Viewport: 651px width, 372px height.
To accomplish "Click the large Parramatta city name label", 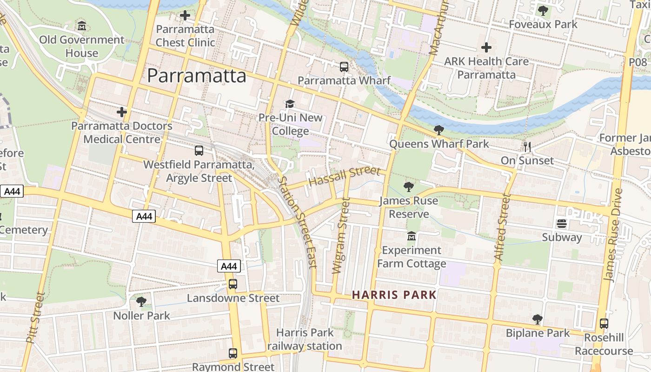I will [196, 76].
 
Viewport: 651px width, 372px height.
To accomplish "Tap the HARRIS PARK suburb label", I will [394, 295].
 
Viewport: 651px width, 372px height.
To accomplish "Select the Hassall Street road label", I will [345, 177].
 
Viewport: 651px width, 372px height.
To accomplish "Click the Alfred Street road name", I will [503, 226].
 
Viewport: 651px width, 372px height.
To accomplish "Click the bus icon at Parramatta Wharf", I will [344, 67].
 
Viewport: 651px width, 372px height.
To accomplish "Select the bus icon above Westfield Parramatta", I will [199, 151].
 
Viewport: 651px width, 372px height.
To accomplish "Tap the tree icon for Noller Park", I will [141, 302].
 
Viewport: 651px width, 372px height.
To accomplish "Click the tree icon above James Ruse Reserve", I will [409, 187].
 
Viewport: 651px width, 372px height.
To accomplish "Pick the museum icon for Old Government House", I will [82, 26].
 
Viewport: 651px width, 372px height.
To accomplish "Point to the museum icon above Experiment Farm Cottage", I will [411, 236].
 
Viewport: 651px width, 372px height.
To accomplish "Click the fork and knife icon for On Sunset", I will [527, 147].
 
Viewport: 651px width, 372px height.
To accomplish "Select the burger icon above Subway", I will [562, 224].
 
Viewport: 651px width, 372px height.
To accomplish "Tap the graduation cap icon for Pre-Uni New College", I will [290, 104].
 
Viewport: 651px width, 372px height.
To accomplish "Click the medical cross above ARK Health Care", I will [486, 47].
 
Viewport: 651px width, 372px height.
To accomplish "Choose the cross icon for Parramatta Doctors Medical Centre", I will [122, 112].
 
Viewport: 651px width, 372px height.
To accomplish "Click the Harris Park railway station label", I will [305, 339].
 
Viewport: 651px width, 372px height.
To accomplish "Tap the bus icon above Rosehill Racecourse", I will [604, 324].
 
